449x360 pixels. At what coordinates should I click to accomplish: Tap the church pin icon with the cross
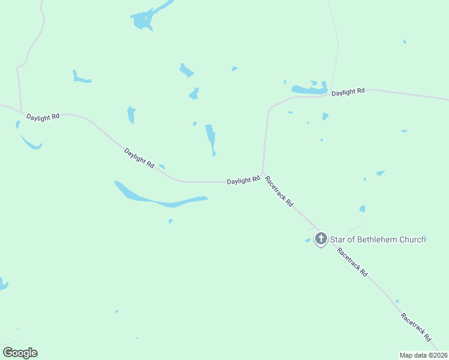(321, 239)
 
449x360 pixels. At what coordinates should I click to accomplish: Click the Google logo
(20, 353)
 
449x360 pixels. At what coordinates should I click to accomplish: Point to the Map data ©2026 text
(423, 355)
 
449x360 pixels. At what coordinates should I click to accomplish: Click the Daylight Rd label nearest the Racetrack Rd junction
(243, 180)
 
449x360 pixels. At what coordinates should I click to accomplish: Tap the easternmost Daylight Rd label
(348, 92)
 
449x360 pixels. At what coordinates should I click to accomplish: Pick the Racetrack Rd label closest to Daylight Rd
(279, 191)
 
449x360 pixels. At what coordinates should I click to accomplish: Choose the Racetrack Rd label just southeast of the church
(352, 262)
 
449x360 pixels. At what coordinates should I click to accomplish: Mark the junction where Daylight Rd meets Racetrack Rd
(262, 173)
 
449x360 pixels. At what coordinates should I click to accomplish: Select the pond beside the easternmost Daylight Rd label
(309, 89)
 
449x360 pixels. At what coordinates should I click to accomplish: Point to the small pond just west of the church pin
(308, 241)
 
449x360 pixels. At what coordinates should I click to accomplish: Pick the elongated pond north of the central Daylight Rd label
(210, 138)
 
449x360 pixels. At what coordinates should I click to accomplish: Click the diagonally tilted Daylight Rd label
(140, 158)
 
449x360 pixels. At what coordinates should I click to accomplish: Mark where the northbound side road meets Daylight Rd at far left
(22, 112)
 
